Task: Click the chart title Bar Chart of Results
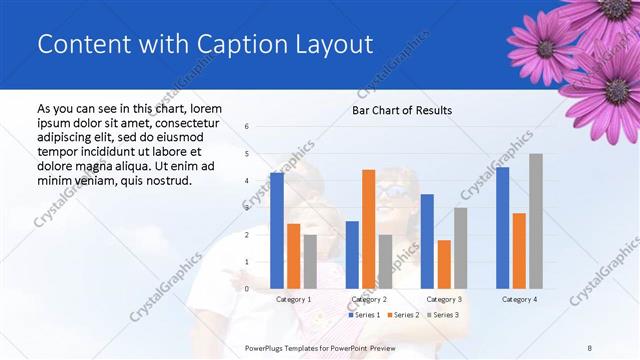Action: click(x=401, y=110)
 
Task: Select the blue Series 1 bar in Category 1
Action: click(x=277, y=230)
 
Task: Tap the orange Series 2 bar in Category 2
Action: click(x=368, y=229)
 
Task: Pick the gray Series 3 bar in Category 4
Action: click(x=536, y=221)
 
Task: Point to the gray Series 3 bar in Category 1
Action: click(x=310, y=261)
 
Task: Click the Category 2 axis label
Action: click(x=369, y=299)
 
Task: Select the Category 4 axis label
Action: click(x=519, y=299)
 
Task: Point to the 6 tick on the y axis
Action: click(x=247, y=127)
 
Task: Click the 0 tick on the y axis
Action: click(x=247, y=289)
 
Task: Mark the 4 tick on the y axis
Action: click(x=247, y=181)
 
